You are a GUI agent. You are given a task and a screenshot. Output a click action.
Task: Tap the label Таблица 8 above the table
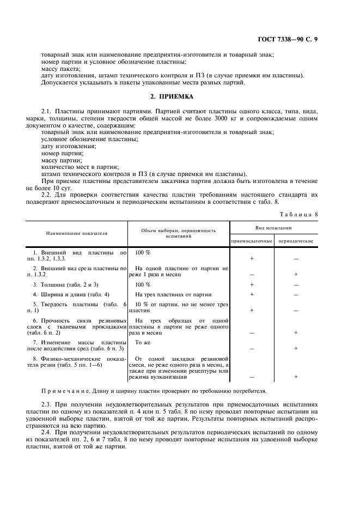click(x=298, y=214)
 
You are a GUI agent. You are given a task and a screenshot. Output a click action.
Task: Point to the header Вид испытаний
click(x=273, y=227)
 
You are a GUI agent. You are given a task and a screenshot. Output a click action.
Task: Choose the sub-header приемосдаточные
click(x=252, y=240)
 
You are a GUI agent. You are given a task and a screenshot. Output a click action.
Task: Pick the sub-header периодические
click(x=296, y=240)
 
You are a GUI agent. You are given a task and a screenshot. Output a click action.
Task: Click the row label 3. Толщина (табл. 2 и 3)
click(x=66, y=284)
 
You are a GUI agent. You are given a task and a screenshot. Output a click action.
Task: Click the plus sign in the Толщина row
click(x=252, y=284)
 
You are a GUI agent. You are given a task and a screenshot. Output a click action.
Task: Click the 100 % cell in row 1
click(x=143, y=253)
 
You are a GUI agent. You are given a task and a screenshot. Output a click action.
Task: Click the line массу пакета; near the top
click(x=60, y=69)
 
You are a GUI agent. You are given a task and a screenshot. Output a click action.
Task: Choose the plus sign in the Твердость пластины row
click(x=252, y=309)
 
